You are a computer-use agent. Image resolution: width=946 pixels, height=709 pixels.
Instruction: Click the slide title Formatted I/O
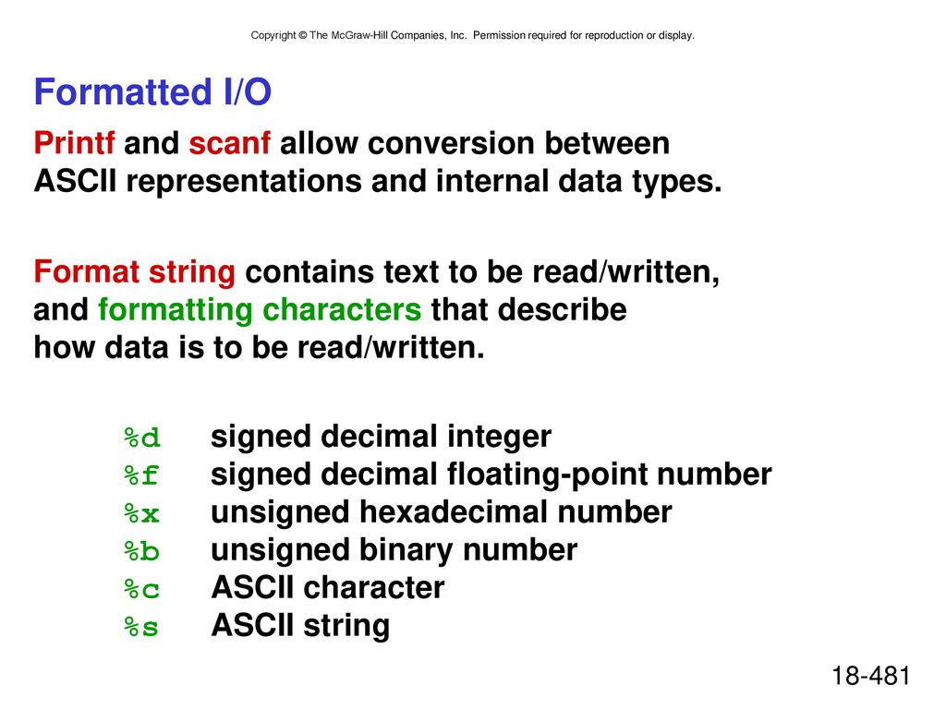click(152, 91)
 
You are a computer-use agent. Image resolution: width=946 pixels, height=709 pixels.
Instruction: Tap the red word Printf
click(74, 143)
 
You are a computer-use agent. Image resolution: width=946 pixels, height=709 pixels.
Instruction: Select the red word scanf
click(229, 143)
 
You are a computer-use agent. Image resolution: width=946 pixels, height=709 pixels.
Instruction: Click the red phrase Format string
click(134, 272)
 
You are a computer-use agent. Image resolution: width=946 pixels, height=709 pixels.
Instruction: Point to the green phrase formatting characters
click(260, 310)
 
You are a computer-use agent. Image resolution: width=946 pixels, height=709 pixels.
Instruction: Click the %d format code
click(141, 438)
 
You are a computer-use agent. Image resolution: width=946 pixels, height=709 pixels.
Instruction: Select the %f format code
click(141, 475)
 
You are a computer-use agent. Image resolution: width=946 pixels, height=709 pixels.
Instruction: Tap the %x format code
click(141, 513)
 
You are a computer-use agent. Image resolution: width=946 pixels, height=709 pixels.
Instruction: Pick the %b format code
click(141, 551)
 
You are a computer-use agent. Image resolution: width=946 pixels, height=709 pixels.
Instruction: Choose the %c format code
click(141, 589)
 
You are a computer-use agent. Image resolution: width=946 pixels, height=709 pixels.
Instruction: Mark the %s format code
click(141, 627)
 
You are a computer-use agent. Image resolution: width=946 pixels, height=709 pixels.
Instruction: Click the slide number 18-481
click(870, 675)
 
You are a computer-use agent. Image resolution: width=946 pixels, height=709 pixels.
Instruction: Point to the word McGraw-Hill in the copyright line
click(359, 36)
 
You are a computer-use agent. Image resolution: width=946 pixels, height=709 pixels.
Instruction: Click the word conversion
click(451, 143)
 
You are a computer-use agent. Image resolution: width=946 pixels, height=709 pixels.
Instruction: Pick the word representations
click(244, 183)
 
